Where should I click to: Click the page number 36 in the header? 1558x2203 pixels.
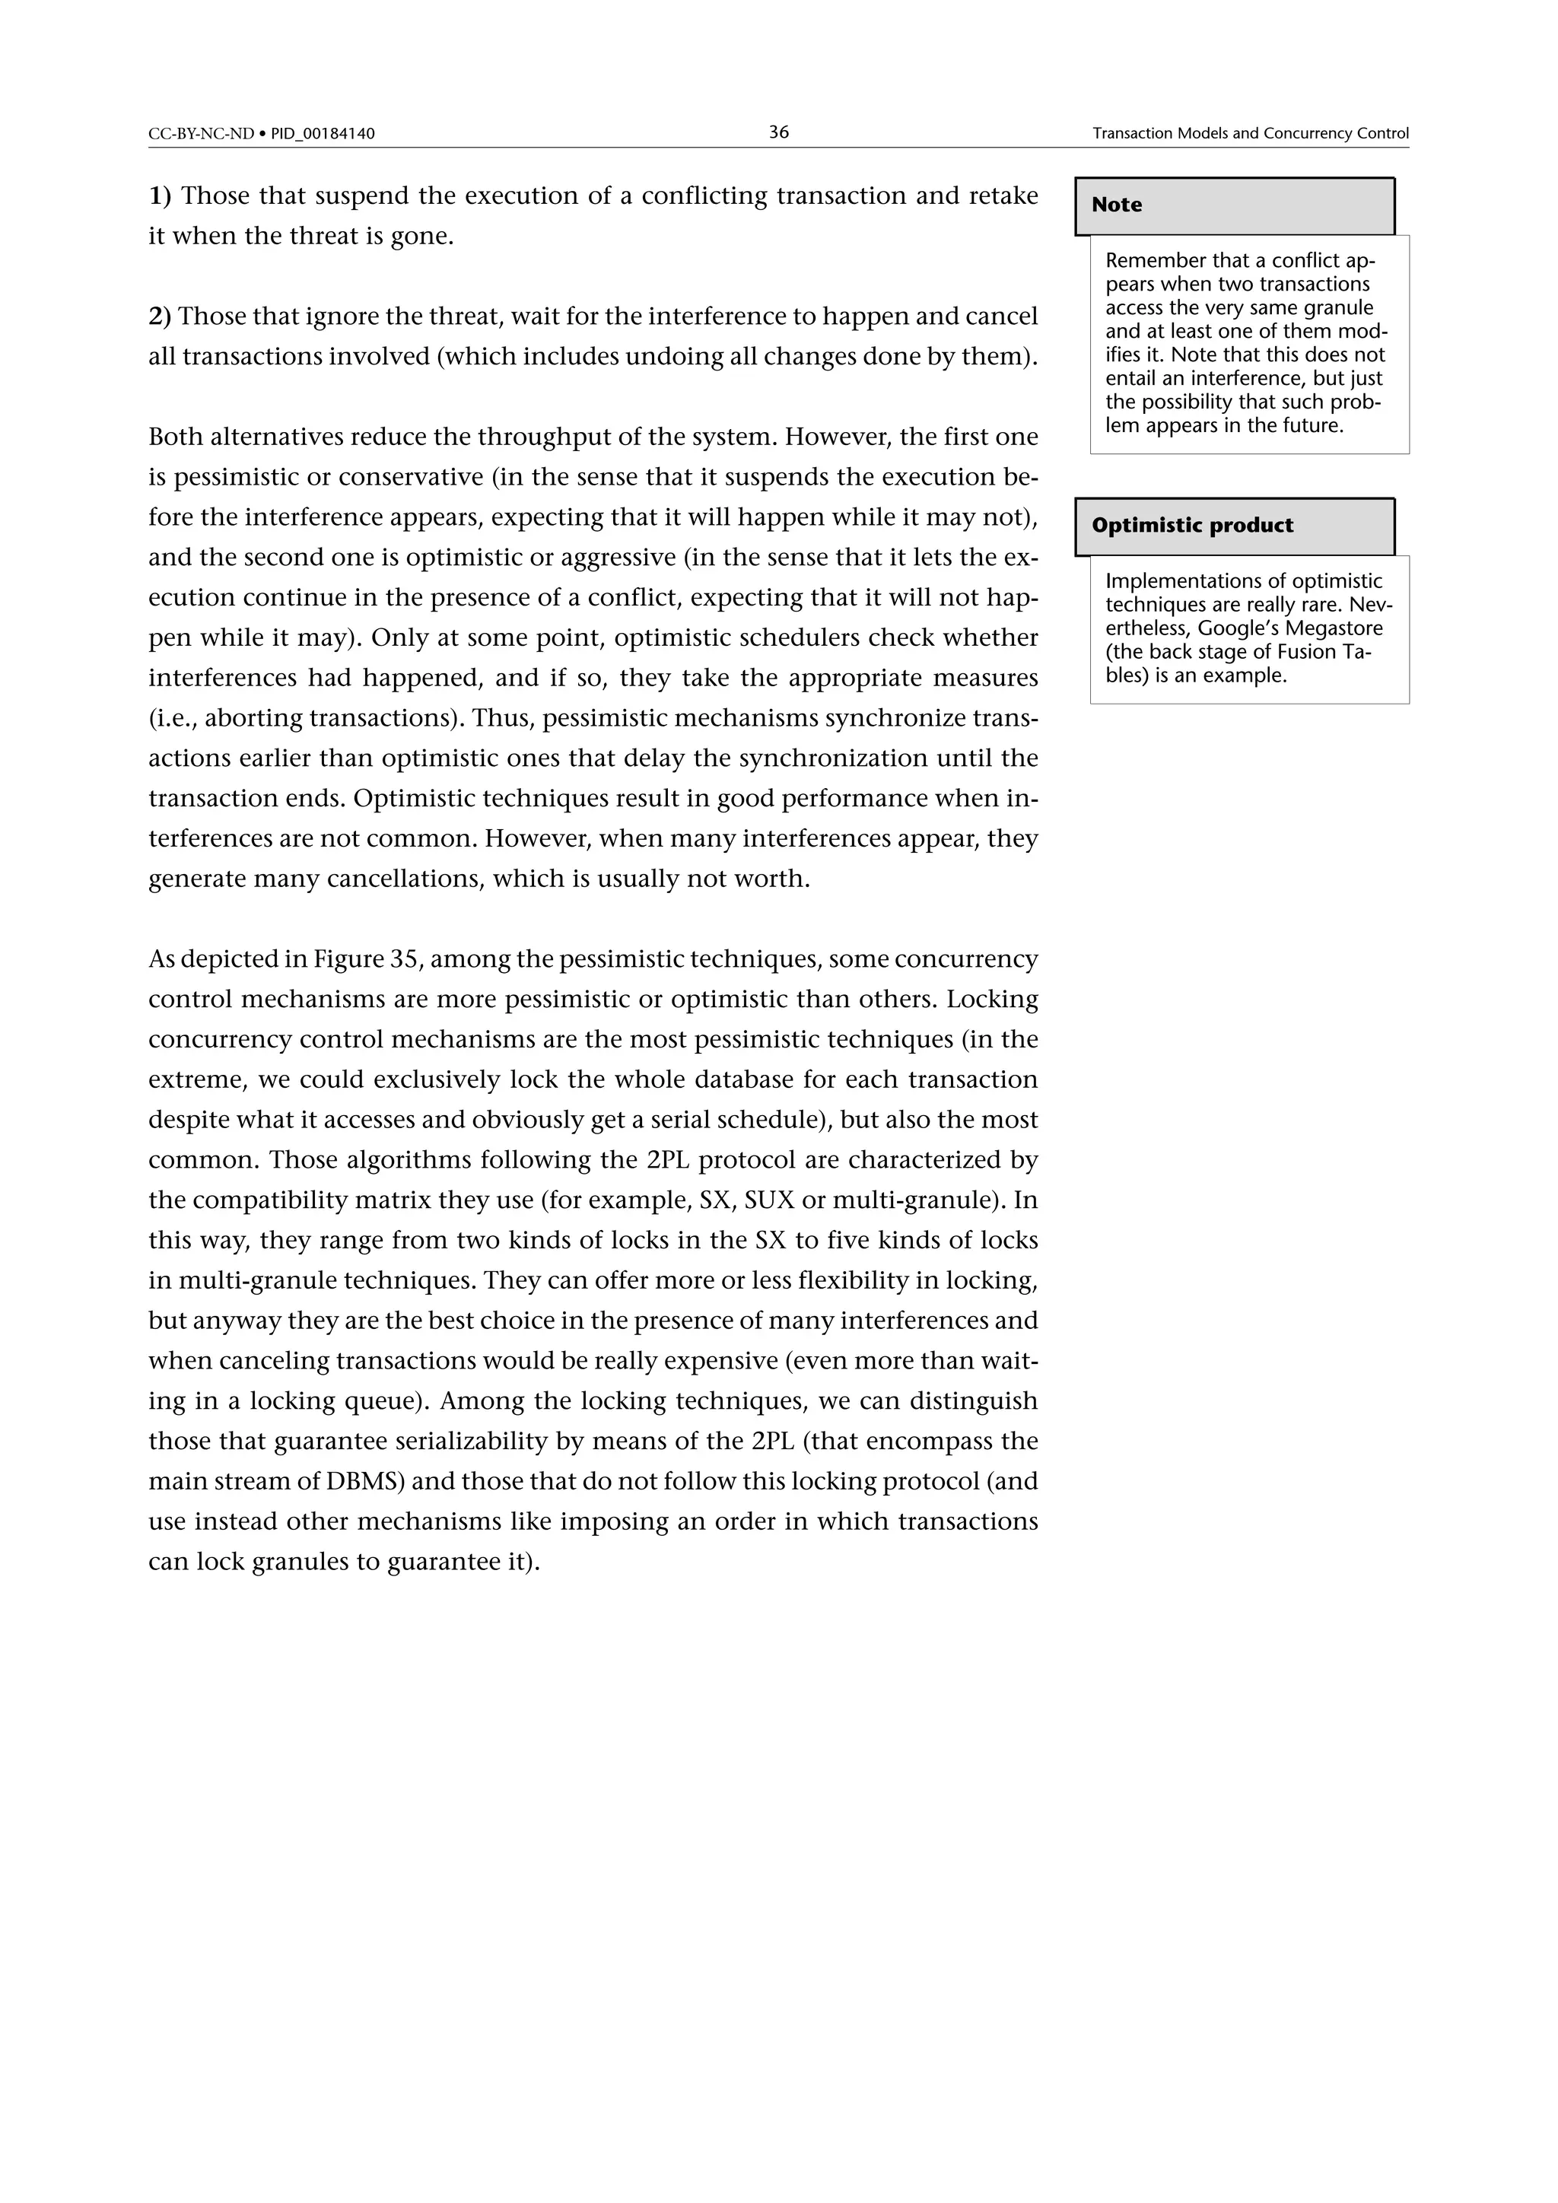point(778,132)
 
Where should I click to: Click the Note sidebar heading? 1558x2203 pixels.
point(1117,205)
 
